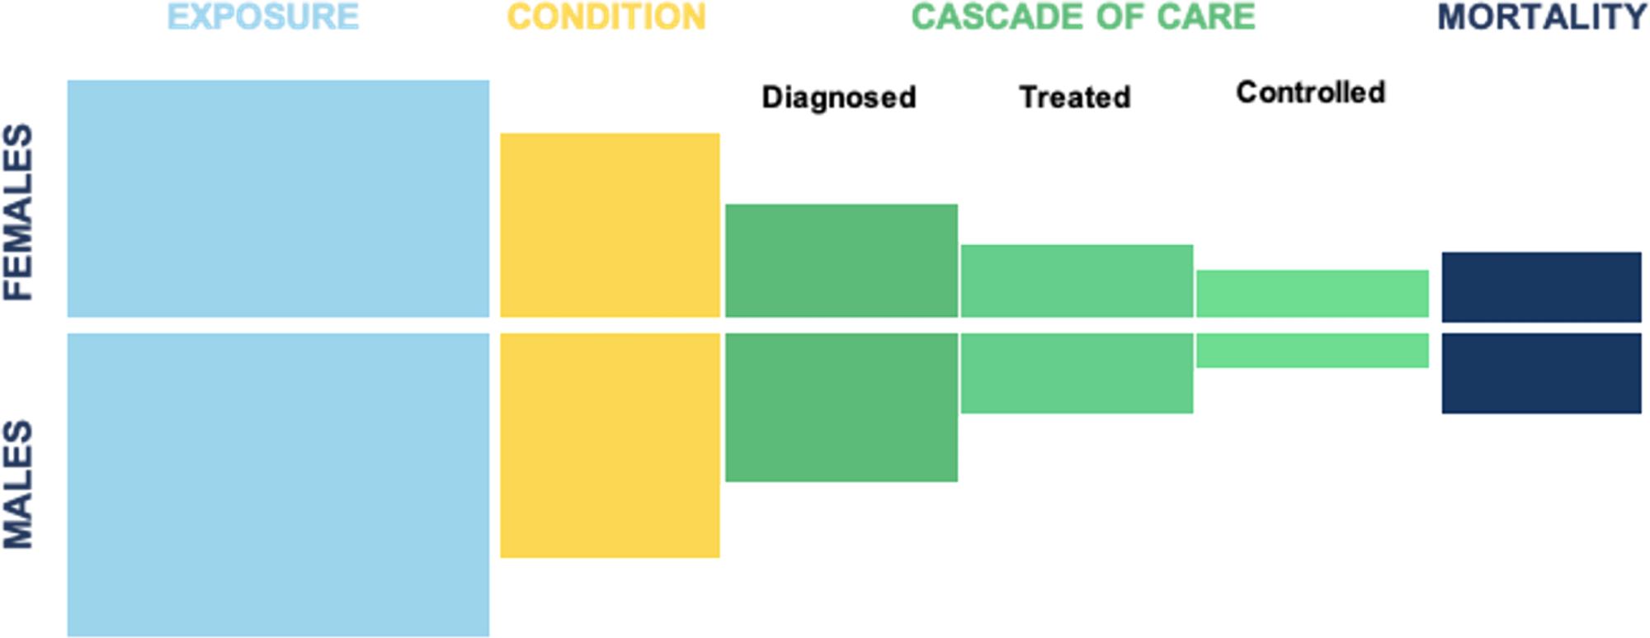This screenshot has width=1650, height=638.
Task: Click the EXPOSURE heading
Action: click(x=263, y=17)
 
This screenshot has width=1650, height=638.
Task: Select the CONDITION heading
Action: click(x=606, y=17)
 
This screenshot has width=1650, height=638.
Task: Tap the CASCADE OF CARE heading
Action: click(x=1083, y=17)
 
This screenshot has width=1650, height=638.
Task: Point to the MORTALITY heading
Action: click(x=1542, y=17)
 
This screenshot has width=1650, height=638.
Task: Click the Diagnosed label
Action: click(x=839, y=97)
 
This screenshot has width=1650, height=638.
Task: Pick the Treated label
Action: click(x=1075, y=97)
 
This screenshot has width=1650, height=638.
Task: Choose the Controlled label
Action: click(x=1311, y=92)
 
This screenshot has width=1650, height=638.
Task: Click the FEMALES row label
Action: click(x=18, y=212)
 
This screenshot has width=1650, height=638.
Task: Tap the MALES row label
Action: click(x=18, y=484)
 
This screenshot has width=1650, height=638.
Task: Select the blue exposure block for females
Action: click(x=278, y=198)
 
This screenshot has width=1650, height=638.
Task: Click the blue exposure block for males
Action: click(x=278, y=484)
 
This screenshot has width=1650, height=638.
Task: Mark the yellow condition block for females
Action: click(x=610, y=224)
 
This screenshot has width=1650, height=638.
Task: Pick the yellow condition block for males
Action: click(x=610, y=446)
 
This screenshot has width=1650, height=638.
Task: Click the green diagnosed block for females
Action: click(x=841, y=260)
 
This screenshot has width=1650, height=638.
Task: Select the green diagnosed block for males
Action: click(x=841, y=407)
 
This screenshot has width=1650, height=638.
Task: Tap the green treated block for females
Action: click(x=1077, y=281)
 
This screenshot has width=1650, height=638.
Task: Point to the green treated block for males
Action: click(x=1077, y=373)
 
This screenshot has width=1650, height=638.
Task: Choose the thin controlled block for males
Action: click(x=1313, y=350)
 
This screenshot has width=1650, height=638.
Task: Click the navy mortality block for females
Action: click(x=1541, y=287)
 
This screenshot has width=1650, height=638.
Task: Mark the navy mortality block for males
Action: click(x=1541, y=373)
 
